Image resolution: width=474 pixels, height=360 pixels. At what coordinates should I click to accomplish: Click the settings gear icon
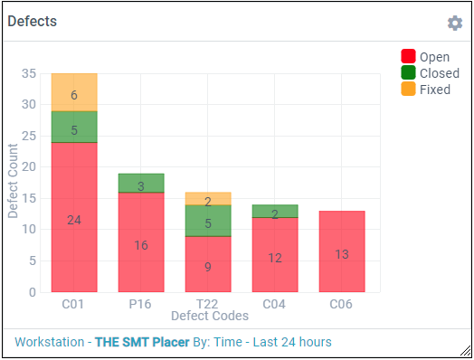[454, 23]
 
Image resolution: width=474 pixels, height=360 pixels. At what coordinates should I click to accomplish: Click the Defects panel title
[33, 22]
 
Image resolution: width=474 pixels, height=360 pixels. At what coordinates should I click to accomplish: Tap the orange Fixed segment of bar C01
[74, 92]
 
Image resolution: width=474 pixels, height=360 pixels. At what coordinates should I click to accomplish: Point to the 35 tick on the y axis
[28, 73]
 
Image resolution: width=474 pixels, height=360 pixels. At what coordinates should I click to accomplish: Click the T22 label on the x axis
[208, 304]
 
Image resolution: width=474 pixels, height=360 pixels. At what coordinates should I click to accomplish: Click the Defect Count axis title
[14, 184]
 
